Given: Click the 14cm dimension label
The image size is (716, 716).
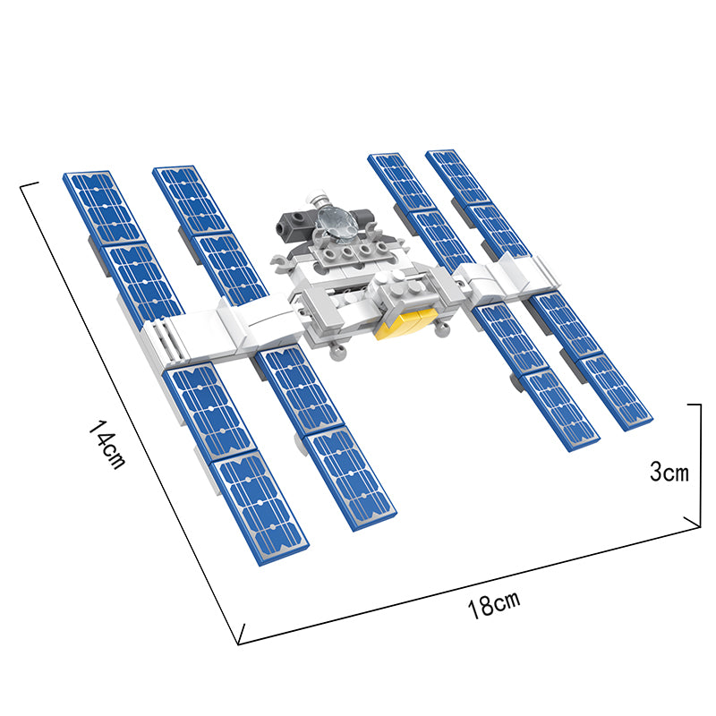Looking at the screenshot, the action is point(107,445).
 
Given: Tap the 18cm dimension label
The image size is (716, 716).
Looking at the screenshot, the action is point(494,606).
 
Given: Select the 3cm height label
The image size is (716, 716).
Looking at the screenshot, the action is point(669,472).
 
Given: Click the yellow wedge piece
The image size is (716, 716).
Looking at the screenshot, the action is point(405,323).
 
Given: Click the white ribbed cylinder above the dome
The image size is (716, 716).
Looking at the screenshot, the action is point(318,199).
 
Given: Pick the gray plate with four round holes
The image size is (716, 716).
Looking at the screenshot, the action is point(354,252).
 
